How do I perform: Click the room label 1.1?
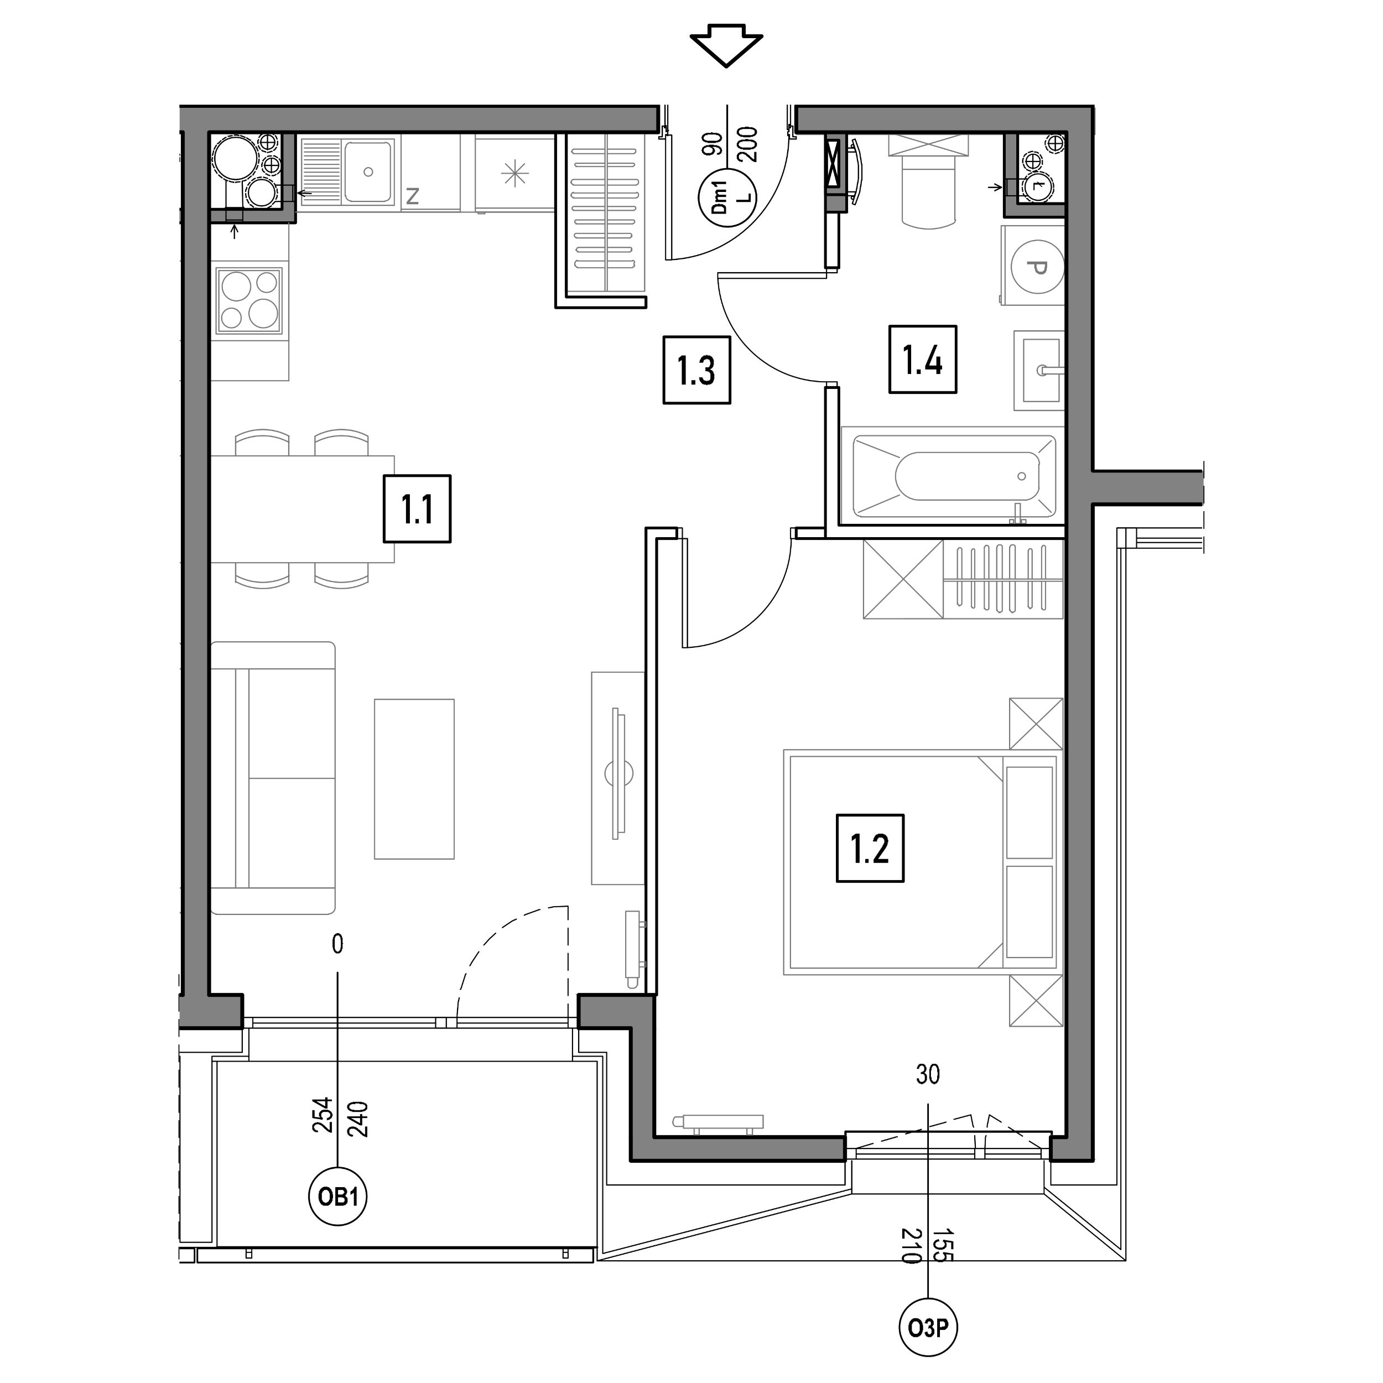[x=417, y=509]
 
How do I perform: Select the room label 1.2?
[x=870, y=848]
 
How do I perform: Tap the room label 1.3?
[x=696, y=370]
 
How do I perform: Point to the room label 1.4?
[x=923, y=360]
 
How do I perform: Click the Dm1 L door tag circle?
[x=726, y=198]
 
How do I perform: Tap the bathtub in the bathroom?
[x=953, y=476]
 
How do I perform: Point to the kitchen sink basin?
[x=368, y=172]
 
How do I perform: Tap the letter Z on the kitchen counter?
[x=412, y=195]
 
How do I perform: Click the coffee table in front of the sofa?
[x=414, y=779]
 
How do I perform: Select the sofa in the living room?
[x=273, y=778]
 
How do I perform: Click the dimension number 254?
[x=323, y=1115]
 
